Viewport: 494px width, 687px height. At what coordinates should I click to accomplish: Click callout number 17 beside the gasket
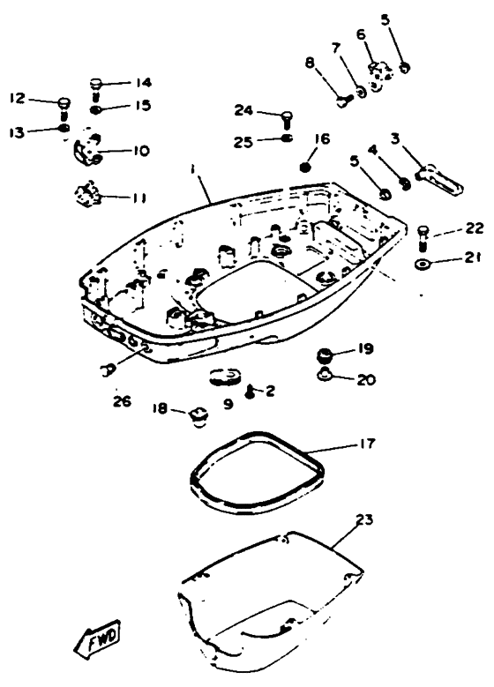coord(367,444)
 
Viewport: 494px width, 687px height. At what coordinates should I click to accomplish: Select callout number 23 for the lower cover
coord(364,519)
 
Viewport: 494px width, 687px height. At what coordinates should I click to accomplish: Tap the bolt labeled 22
coord(423,237)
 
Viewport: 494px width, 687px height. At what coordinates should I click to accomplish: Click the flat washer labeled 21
coord(423,265)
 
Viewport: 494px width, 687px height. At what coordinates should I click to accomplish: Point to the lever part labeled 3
coord(439,179)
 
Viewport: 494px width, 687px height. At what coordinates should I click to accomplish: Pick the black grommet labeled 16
coord(305,167)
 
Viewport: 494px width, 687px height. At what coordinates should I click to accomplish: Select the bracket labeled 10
coord(88,149)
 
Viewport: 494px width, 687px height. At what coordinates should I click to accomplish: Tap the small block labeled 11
coord(87,194)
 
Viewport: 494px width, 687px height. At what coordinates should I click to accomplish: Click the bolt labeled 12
coord(64,108)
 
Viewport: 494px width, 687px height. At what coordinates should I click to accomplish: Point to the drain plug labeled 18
coord(199,417)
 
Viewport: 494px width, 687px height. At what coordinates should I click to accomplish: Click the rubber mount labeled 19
coord(325,355)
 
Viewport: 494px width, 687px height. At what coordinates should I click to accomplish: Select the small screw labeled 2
coord(251,391)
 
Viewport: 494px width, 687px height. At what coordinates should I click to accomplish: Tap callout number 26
coord(122,401)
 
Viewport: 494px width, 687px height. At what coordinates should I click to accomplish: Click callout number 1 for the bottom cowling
coord(192,169)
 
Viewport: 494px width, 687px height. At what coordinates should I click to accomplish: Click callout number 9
coord(228,404)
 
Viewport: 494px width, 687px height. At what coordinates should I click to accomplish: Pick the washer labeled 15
coord(95,109)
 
